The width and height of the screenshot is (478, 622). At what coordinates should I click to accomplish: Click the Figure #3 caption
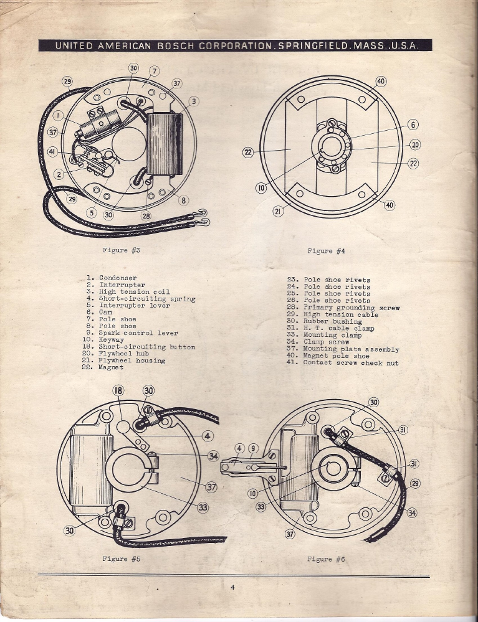[122, 250]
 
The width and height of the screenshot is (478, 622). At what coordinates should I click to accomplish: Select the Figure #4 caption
[327, 251]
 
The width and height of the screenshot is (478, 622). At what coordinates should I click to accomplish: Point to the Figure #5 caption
[122, 559]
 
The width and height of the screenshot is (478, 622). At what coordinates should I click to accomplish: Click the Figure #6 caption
[326, 559]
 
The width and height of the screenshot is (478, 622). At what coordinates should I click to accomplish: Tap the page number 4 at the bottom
[232, 588]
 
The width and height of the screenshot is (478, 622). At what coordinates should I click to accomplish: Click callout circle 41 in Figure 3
[52, 152]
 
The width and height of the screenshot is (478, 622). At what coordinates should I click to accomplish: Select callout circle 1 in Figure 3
[58, 115]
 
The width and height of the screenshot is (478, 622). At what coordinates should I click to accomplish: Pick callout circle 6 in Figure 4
[413, 125]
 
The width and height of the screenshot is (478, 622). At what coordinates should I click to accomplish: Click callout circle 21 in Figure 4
[279, 212]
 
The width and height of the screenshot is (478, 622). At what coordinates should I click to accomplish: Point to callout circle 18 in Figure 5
[118, 390]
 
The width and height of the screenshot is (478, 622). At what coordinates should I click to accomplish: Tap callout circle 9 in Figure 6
[253, 449]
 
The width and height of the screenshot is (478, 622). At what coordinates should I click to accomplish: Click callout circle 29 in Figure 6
[415, 484]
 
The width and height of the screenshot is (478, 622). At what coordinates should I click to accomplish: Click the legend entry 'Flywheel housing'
[123, 360]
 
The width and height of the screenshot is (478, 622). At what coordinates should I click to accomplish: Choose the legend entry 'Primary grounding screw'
[343, 308]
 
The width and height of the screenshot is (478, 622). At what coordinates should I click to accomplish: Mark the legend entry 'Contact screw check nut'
[343, 362]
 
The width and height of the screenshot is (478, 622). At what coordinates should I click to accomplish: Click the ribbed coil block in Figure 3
[165, 144]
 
